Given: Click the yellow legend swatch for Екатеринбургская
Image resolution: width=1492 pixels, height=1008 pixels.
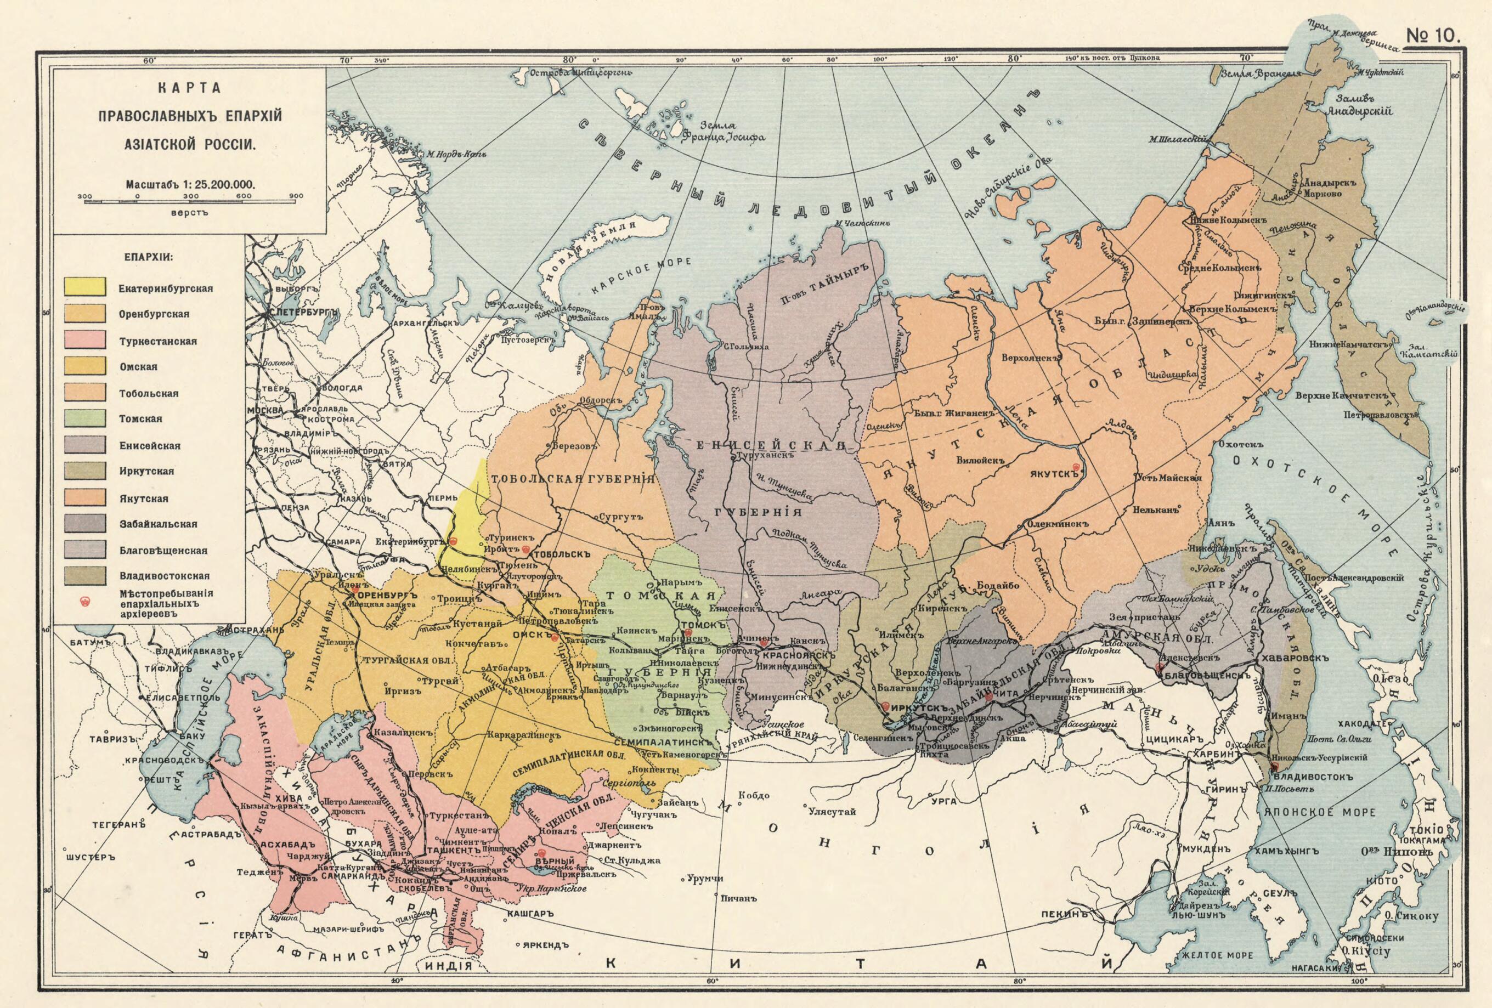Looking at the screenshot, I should (84, 287).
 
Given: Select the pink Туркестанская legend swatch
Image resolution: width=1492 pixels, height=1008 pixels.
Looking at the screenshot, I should (84, 339).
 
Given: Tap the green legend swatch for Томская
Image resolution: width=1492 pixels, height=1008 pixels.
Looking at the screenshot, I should (84, 418).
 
